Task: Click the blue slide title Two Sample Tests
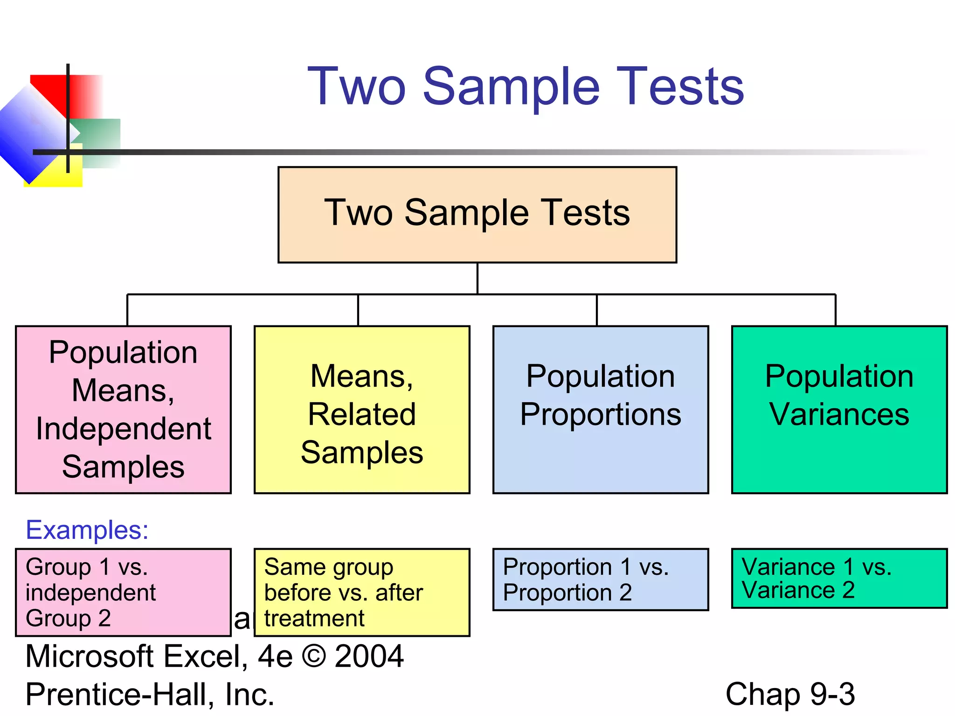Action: pos(526,86)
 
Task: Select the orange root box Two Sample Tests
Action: pos(477,214)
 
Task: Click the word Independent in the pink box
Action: pos(124,429)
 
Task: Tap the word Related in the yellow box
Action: pos(362,414)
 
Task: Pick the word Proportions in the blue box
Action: pos(601,414)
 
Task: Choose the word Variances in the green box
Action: pos(839,414)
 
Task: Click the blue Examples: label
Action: pos(87,530)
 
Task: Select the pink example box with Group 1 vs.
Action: pos(124,592)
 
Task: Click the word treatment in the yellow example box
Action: pos(314,619)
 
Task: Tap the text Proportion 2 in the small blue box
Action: pos(567,593)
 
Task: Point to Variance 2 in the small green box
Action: pos(798,591)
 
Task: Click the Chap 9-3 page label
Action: pos(790,694)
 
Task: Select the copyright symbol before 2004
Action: pos(314,656)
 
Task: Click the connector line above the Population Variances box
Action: pos(836,310)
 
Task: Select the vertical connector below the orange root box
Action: pos(477,278)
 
